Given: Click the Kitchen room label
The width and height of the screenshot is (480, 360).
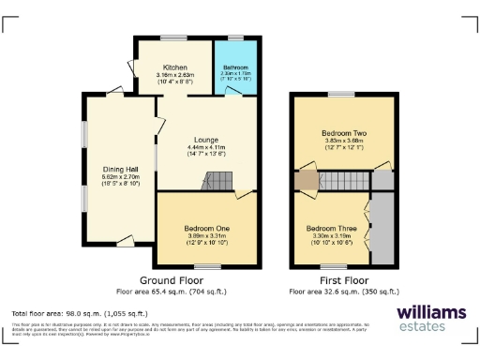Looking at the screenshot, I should coord(175,68).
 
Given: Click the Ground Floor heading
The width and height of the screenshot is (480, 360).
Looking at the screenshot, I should coord(172,280).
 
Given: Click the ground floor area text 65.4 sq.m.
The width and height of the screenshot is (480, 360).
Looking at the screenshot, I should coord(172,292).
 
